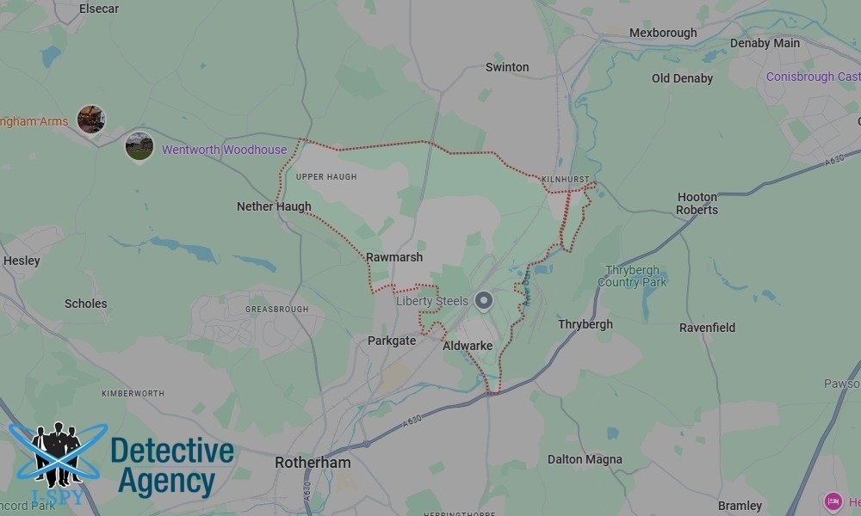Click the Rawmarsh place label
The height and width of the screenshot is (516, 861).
click(x=394, y=257)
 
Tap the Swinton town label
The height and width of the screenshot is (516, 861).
click(x=507, y=67)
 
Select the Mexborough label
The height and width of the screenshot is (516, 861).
click(x=663, y=34)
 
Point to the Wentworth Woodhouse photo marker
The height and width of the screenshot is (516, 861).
click(x=139, y=145)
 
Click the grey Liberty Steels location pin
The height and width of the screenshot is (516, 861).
click(x=484, y=301)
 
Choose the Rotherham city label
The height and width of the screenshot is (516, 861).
click(x=313, y=463)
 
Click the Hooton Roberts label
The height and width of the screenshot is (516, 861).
click(x=697, y=203)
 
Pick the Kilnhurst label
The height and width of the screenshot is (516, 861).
click(x=566, y=179)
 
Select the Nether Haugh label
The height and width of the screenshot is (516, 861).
click(x=274, y=206)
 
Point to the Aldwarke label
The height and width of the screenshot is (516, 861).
click(x=468, y=346)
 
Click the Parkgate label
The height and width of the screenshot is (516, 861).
click(x=392, y=341)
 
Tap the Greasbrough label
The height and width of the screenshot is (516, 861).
click(x=271, y=308)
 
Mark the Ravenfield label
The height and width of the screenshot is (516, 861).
click(x=707, y=328)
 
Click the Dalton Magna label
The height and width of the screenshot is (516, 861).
click(x=585, y=460)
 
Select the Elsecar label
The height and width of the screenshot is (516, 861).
click(x=99, y=9)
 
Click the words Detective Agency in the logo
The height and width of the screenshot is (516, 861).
click(x=172, y=466)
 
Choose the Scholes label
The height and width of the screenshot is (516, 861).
click(x=86, y=304)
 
